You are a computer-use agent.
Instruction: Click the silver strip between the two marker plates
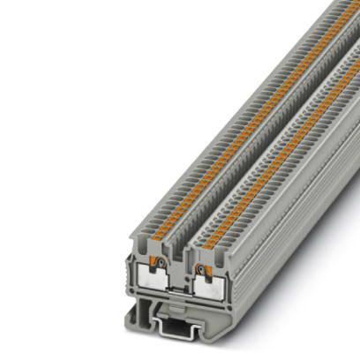187,288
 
